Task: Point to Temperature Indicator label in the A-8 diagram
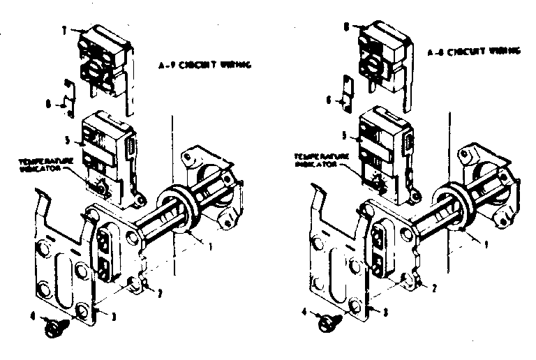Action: pos(315,161)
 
